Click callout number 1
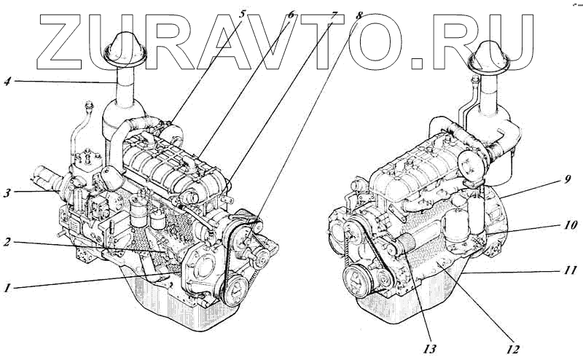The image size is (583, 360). point(7,287)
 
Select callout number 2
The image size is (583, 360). point(7,241)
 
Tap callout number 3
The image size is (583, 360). point(7,192)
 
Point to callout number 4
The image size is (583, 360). point(7,81)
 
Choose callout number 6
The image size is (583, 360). point(290,12)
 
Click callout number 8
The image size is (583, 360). point(359,12)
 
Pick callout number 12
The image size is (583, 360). point(512,348)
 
